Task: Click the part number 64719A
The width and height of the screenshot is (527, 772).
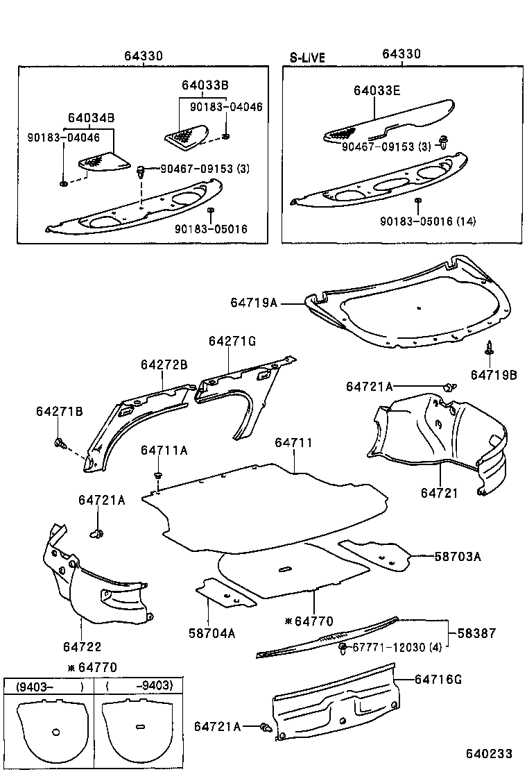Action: coord(254,303)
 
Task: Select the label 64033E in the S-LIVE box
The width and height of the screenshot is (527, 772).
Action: coord(377,90)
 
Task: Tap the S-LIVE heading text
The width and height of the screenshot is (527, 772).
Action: coord(306,58)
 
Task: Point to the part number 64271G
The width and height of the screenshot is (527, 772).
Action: coord(232,342)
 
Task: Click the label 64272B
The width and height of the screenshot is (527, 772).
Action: coord(164,364)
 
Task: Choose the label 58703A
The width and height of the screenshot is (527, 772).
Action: coord(457,555)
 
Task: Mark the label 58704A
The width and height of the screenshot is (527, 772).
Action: coord(211,632)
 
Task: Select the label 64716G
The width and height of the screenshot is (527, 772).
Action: coord(438,679)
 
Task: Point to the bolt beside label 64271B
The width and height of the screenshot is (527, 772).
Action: coord(59,441)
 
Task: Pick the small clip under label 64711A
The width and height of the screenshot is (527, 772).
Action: coord(159,476)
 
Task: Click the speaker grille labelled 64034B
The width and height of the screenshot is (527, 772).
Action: coord(104,161)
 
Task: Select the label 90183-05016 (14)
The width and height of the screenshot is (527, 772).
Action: coord(427,221)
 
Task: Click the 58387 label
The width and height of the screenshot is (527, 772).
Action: coord(481,633)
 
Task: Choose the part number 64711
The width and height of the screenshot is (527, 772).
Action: coord(293,443)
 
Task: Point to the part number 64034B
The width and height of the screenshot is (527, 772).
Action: coord(91,118)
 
